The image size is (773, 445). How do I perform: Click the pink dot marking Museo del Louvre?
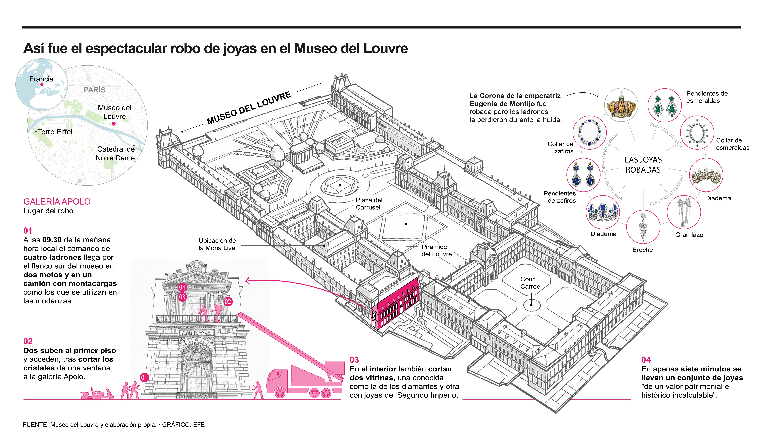pos(113,123)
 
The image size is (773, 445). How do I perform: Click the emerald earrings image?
pos(664,105)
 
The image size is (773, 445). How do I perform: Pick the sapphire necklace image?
pos(589,132)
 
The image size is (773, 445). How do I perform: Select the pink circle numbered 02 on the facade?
pos(228,302)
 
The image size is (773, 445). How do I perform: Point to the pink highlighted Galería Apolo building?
pos(394,304)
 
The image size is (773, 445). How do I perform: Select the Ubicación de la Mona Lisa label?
pos(217,244)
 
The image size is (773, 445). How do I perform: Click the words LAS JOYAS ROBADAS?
pos(643,165)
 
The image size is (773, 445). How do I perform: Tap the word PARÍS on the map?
pos(94,90)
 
